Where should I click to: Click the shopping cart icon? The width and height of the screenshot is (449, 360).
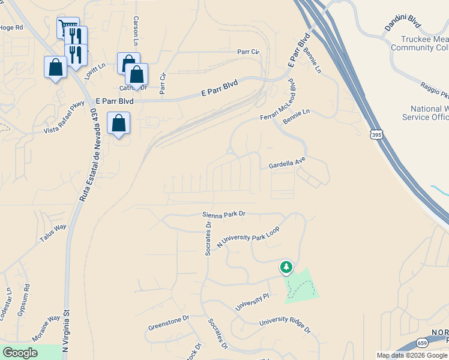coord(66,27)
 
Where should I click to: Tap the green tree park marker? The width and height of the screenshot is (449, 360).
coord(286,267)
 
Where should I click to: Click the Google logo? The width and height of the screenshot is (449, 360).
coord(20,353)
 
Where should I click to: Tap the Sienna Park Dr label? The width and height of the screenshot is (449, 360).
coord(225,213)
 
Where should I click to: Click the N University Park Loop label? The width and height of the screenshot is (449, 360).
coord(248,237)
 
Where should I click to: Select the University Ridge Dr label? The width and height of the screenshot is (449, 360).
coord(285,326)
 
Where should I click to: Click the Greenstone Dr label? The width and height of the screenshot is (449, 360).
coord(169,322)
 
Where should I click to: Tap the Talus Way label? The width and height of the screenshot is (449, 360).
coord(53,232)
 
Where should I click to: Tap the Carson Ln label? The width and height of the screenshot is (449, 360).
coord(136,32)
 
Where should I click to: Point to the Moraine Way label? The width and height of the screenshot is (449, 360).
coord(46,328)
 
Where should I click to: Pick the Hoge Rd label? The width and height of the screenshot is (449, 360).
coord(11,27)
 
